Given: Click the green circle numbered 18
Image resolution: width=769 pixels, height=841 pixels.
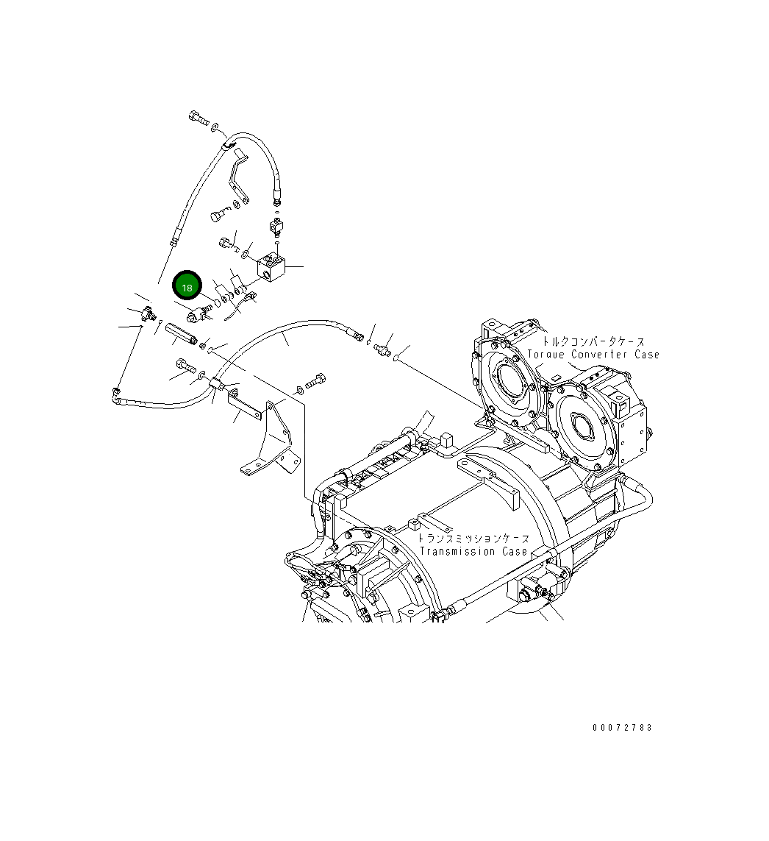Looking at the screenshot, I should (187, 286).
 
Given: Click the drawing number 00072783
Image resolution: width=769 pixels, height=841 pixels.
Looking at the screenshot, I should (622, 728).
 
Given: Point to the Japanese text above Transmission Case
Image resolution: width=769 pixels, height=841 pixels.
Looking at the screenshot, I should (473, 539).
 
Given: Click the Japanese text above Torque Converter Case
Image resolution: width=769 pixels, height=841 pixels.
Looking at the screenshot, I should (594, 342).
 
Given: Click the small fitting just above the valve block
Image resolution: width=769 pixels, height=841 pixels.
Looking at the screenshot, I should (276, 220).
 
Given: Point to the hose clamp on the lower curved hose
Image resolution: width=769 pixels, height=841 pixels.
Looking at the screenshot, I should (218, 383).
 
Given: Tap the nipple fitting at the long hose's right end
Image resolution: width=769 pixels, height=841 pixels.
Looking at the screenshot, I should (382, 347).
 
